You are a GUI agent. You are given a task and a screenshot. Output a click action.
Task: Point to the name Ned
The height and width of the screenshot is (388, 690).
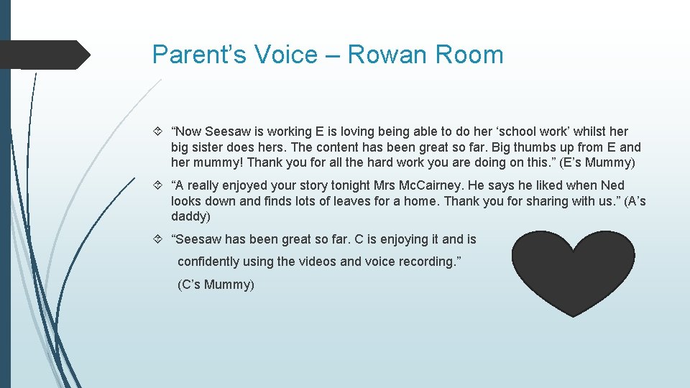612,185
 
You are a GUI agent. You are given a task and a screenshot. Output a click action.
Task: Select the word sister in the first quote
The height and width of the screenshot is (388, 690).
213,147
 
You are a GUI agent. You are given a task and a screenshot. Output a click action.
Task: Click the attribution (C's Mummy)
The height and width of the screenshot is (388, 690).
216,285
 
